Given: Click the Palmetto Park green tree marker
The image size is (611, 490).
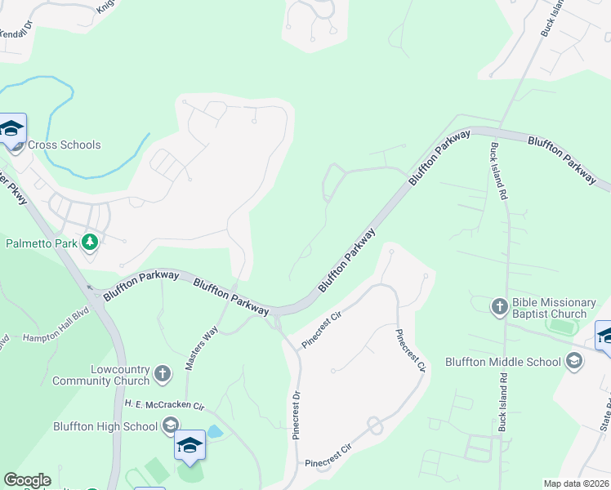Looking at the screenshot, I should [90, 243].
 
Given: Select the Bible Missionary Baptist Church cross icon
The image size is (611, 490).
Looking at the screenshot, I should [500, 307].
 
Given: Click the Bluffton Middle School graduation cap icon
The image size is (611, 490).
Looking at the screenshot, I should [573, 361].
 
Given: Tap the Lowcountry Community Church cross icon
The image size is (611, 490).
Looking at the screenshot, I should [162, 374].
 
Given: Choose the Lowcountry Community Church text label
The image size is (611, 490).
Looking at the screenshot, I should [100, 375].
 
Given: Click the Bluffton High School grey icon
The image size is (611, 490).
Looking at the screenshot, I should [170, 425].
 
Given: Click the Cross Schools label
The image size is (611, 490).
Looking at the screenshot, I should [64, 145].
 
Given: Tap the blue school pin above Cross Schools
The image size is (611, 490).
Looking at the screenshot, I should [12, 130].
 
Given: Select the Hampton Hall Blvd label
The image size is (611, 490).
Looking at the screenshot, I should [55, 336].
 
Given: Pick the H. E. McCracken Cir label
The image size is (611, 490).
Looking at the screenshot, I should [163, 404].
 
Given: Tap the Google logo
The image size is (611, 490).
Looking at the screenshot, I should [27, 480].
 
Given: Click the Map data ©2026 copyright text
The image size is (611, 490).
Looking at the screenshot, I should [575, 483].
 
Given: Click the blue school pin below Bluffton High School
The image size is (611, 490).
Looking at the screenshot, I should [190, 446].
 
